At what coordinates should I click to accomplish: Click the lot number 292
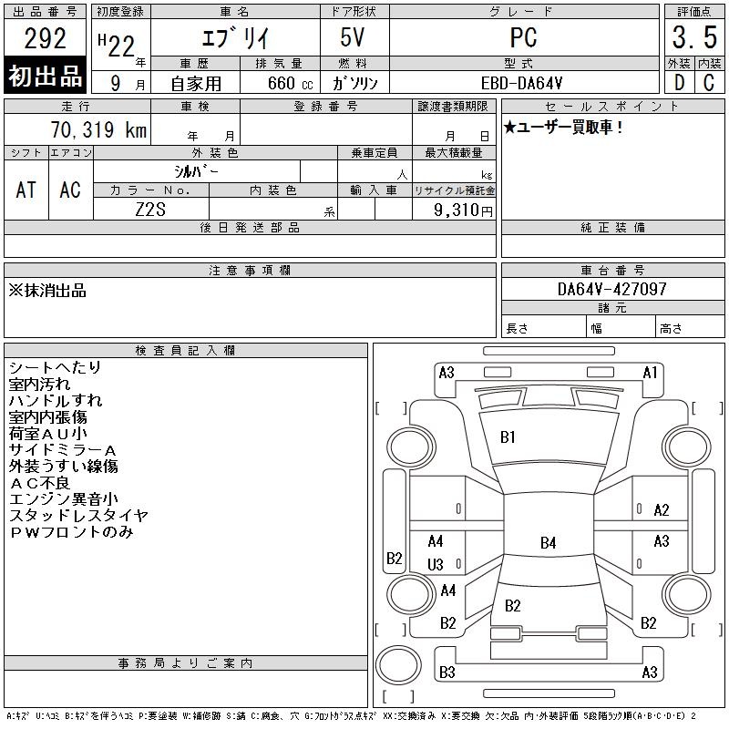45,38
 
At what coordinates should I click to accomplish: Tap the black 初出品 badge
45,75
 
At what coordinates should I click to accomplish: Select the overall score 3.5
694,37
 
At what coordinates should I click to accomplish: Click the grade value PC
523,37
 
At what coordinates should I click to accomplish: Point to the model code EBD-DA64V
521,83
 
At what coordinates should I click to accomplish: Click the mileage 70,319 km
98,129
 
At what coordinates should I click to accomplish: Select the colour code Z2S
150,210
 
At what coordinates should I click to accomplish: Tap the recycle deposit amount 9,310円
463,210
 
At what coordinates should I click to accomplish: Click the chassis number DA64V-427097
611,289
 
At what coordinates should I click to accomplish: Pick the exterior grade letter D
679,83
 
